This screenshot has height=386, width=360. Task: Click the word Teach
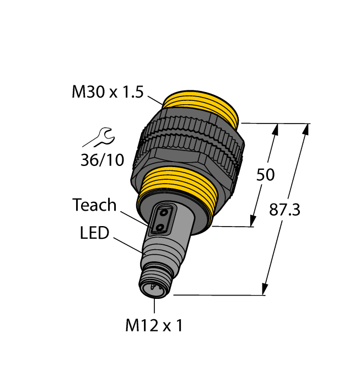94,205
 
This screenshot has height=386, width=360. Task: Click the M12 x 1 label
154,326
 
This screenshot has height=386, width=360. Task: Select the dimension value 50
266,175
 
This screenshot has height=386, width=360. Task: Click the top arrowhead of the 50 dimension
276,129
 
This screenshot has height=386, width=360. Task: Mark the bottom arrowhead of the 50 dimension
254,221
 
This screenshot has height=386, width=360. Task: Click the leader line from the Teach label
135,217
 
